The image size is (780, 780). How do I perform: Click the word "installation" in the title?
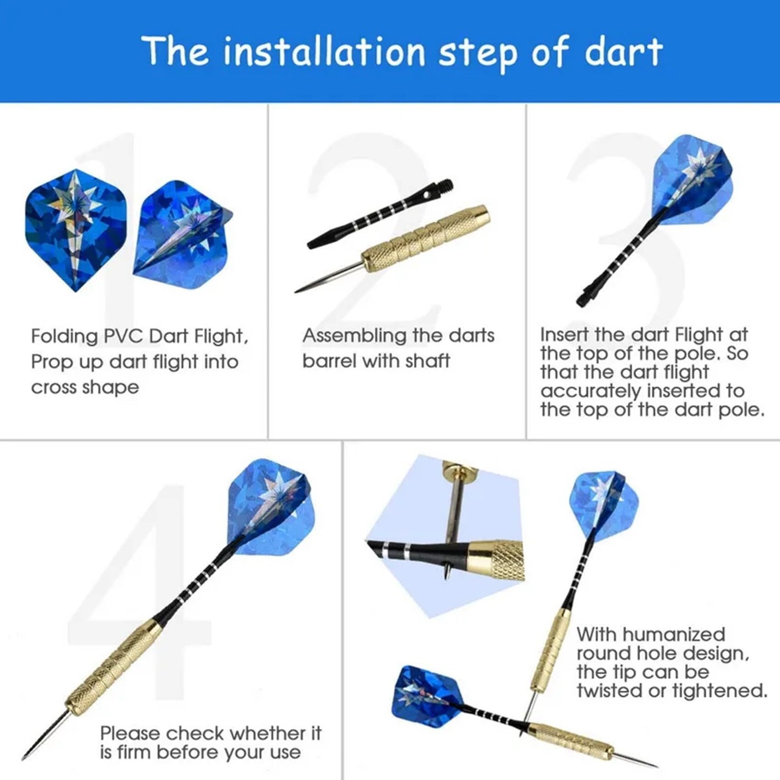[324, 52]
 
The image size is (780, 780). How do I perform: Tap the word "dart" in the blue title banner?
[623, 52]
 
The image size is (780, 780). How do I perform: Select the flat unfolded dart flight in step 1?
[76, 230]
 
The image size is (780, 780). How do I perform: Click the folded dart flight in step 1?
[183, 234]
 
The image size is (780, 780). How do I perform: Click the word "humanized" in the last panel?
[674, 634]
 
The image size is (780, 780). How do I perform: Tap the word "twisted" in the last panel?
[611, 690]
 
